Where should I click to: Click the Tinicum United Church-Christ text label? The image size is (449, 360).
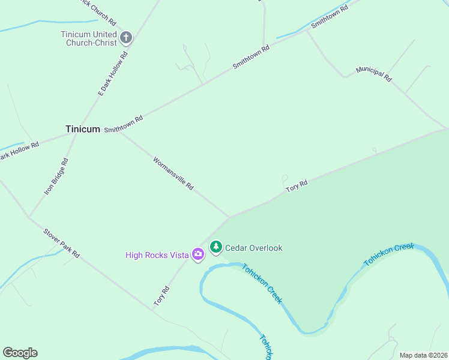coord(88,38)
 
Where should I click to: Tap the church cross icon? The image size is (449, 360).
coord(126,38)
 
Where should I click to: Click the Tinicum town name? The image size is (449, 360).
coord(82,129)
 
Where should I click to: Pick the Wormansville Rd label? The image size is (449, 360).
coord(173,174)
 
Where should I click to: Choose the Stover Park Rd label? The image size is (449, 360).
coord(61,242)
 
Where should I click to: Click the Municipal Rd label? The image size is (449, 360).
coord(373,74)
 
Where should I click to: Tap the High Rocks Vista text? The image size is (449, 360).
coord(157,255)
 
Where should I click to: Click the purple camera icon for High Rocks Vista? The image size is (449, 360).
coord(198,255)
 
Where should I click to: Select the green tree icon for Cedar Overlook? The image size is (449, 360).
coord(215,247)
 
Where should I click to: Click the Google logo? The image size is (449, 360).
coord(20,353)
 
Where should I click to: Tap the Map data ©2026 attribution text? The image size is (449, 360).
coord(423,355)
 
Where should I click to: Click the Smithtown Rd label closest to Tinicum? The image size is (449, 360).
coord(124,124)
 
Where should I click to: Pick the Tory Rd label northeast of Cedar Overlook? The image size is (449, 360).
coord(297,186)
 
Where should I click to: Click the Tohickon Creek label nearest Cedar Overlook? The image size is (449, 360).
coord(262,283)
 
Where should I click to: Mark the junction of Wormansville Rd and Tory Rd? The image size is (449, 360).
coord(229,217)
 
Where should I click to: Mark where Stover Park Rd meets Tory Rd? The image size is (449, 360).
coord(153,310)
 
